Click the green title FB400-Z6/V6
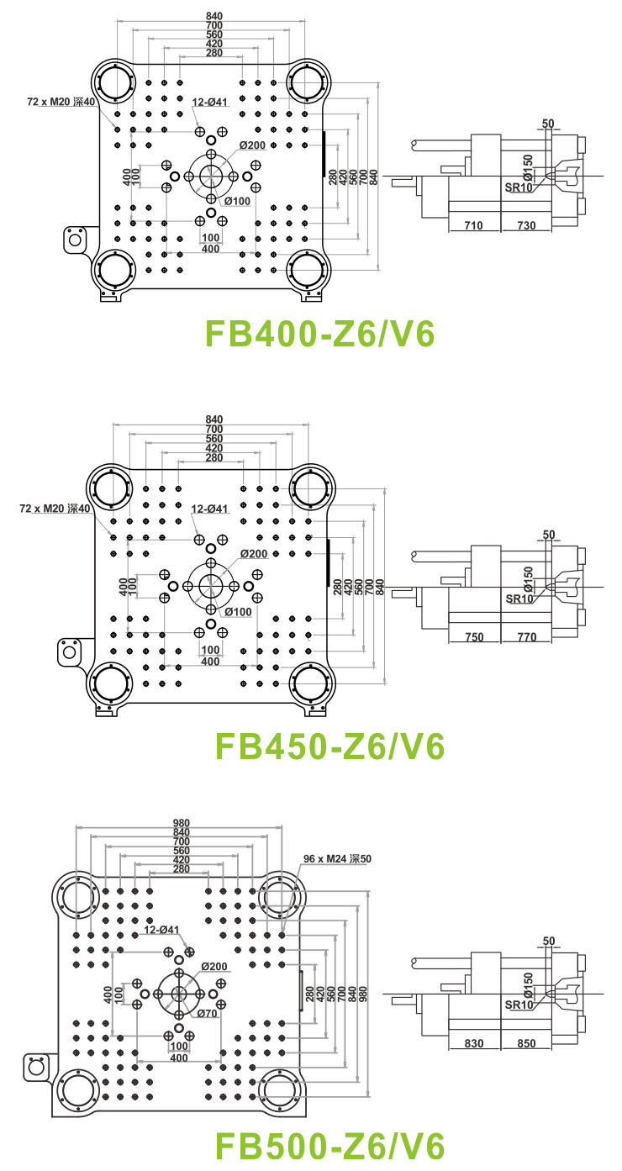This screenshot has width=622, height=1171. click(321, 334)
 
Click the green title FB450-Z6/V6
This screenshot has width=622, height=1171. click(329, 746)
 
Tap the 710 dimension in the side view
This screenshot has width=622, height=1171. click(474, 226)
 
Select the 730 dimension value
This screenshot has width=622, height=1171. click(526, 226)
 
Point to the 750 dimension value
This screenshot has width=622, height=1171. click(474, 637)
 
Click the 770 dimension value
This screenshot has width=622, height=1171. click(526, 637)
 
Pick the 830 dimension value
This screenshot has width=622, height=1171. click(474, 1043)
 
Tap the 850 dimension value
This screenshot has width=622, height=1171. click(526, 1043)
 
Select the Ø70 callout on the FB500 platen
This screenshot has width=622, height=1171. click(207, 1014)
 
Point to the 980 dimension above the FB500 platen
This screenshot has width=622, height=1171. click(182, 823)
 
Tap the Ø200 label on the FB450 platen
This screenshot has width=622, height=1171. click(253, 554)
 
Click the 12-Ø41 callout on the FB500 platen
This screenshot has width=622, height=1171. click(161, 930)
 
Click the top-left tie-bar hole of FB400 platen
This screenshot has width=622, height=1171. click(114, 82)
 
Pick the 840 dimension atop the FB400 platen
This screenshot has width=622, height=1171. click(213, 16)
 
